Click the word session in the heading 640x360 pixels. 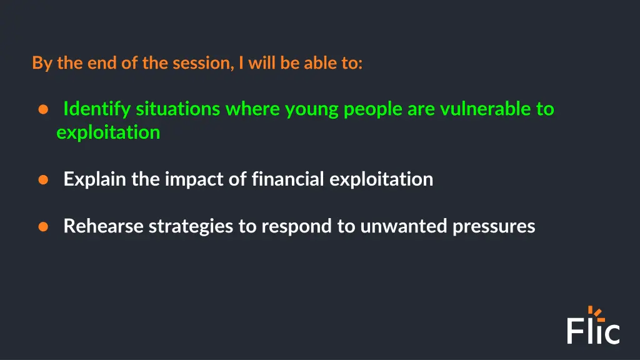201,63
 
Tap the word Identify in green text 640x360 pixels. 97,109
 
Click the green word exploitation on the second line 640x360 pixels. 108,132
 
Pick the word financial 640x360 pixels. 287,179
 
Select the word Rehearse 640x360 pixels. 103,226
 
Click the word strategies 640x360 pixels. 191,226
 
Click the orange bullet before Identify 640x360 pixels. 43,110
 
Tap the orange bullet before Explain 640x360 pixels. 43,180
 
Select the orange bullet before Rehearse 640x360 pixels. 43,227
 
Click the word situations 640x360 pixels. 177,109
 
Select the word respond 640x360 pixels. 297,226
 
